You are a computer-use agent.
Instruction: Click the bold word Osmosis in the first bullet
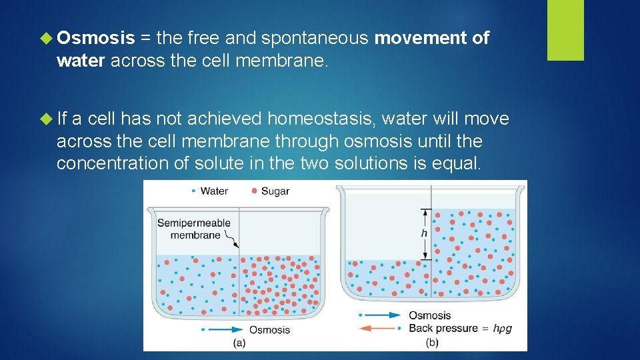click(96, 39)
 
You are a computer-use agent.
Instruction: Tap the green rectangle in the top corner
click(565, 30)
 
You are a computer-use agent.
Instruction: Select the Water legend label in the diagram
click(214, 191)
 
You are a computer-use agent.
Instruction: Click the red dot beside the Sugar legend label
click(255, 191)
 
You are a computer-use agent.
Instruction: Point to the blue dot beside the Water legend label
click(193, 191)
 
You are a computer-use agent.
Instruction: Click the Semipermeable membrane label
click(194, 229)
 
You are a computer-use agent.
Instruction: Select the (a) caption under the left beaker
click(239, 343)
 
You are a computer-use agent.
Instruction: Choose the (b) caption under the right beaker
click(432, 343)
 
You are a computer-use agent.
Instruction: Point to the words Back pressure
click(443, 328)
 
